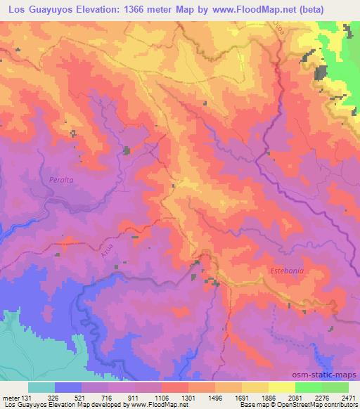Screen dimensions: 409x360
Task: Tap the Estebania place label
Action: pyautogui.click(x=287, y=270)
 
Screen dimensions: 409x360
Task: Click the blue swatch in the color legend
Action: pyautogui.click(x=68, y=387)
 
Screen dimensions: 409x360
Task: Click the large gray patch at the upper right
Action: pyautogui.click(x=321, y=72)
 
